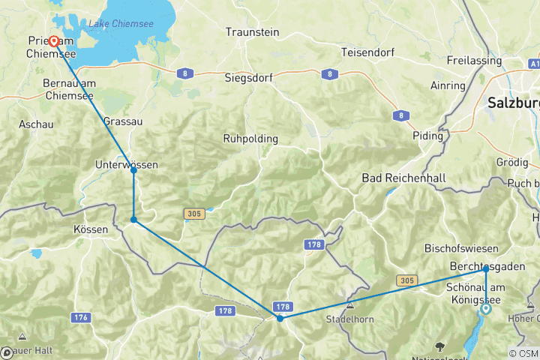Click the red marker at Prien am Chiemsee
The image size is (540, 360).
click(x=54, y=21)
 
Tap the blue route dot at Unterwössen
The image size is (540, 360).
click(x=133, y=170)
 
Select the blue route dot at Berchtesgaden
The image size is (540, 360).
click(x=486, y=268)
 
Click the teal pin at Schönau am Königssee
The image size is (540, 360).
click(x=486, y=308)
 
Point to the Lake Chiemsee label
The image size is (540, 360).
click(x=121, y=25)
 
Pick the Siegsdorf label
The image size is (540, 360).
click(x=249, y=77)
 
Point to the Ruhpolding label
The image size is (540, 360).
click(x=250, y=139)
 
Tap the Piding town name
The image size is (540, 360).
click(x=428, y=136)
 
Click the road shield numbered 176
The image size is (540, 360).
click(x=81, y=318)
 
